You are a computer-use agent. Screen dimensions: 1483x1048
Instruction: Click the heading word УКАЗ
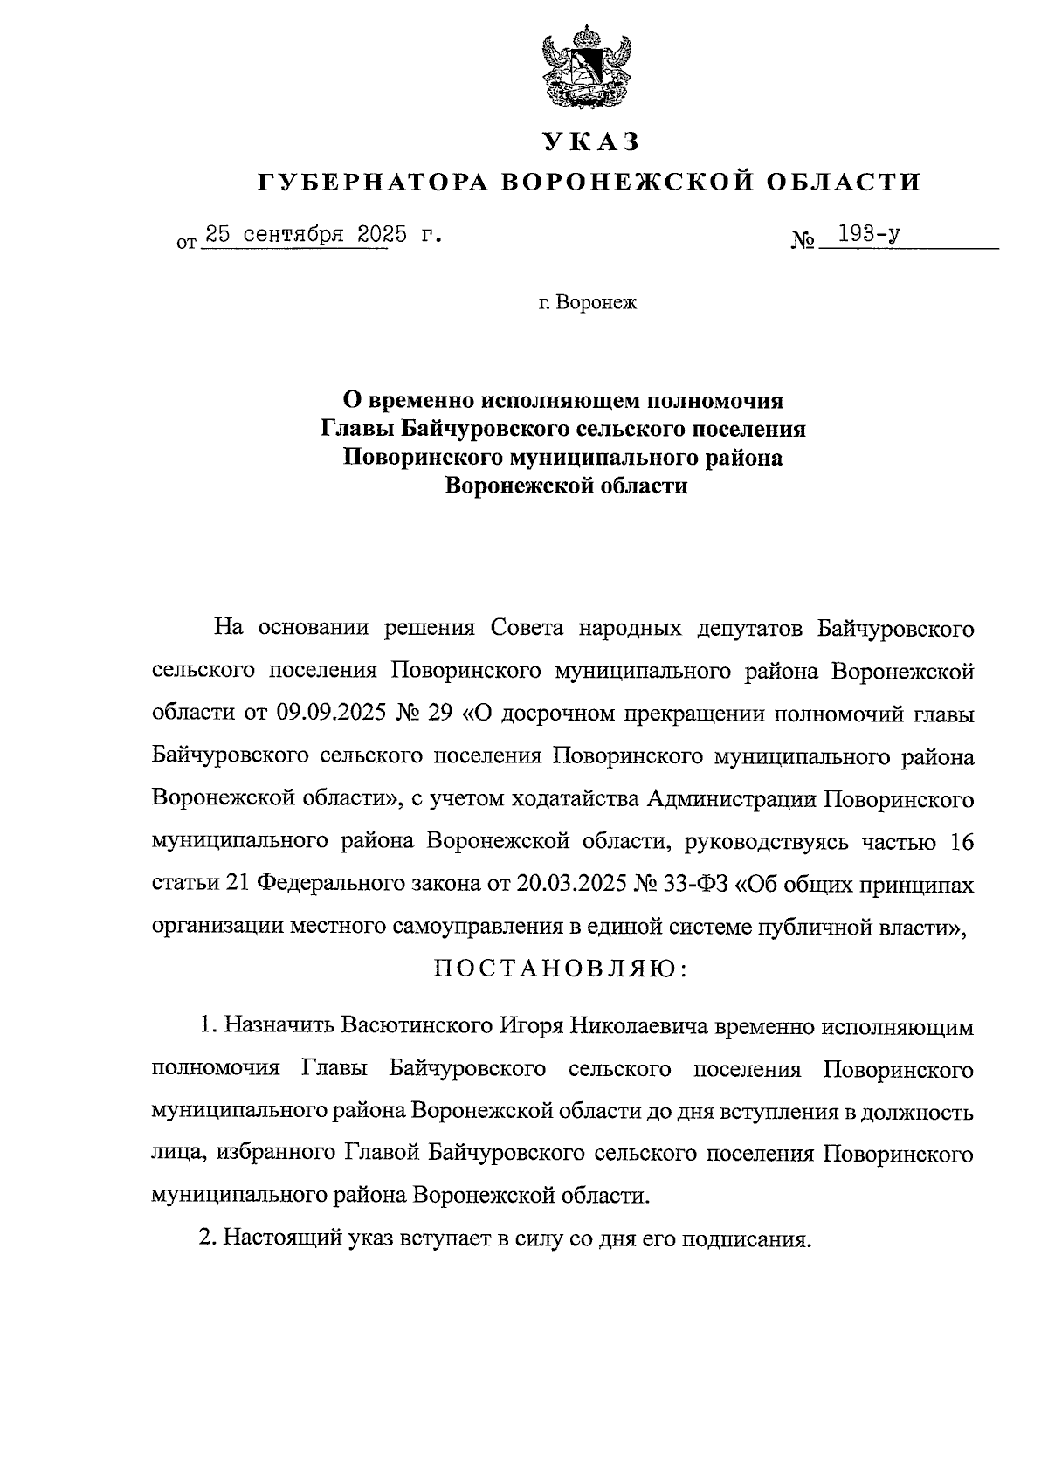[590, 141]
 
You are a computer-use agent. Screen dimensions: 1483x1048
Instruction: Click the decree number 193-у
[868, 234]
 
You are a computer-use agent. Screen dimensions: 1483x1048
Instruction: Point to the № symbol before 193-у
[802, 240]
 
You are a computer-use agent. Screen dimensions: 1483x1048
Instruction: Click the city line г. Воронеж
[589, 304]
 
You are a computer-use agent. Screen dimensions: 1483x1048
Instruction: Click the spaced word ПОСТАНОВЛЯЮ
[562, 969]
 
